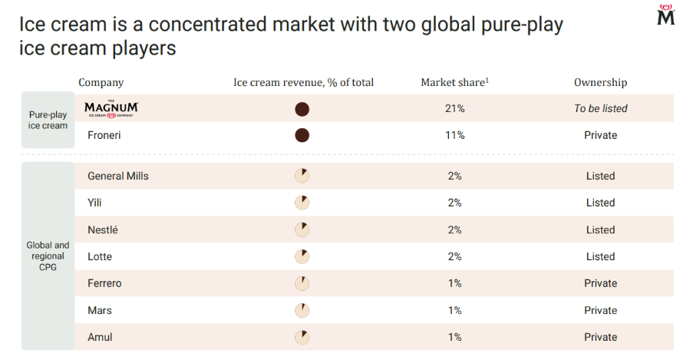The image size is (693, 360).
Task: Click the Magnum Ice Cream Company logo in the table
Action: pos(111,109)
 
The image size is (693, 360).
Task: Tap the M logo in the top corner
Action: pos(665,15)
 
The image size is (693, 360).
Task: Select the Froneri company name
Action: pos(104,135)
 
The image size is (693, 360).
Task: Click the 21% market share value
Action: pos(455,109)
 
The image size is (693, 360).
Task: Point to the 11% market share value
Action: pos(455,135)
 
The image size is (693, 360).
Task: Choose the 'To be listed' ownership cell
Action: pos(601,109)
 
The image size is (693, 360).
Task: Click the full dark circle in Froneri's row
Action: pos(302,135)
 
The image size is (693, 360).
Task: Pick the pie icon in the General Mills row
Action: pos(302,176)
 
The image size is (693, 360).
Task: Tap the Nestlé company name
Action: pos(103,230)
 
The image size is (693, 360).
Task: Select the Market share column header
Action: pos(455,82)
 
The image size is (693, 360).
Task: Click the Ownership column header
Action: pos(601,82)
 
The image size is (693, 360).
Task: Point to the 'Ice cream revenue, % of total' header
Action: pos(303,82)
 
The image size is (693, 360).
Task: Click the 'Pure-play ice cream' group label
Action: pos(48,120)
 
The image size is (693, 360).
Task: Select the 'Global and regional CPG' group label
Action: pos(48,256)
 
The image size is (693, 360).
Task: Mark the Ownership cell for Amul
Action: pos(601,337)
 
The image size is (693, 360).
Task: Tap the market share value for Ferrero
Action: pos(455,283)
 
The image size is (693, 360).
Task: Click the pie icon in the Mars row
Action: pos(302,310)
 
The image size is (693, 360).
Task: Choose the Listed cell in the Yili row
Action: pos(601,203)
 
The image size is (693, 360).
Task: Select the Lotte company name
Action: pos(100,257)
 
